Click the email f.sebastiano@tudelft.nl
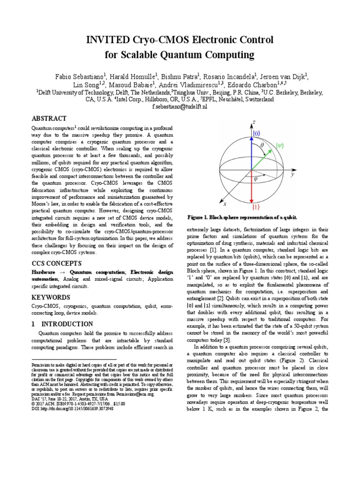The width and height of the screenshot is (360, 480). [180, 107]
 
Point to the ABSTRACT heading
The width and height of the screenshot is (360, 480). [49, 119]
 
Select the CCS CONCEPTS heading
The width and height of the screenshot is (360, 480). [56, 263]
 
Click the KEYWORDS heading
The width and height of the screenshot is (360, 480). [51, 298]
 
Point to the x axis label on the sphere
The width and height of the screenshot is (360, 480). [224, 204]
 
